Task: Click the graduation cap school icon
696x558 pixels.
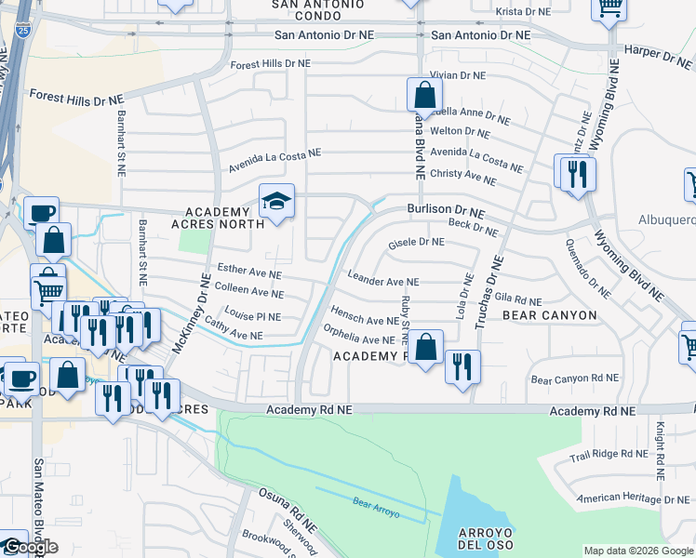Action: (x=276, y=202)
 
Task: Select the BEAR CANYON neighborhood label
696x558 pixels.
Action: (x=549, y=315)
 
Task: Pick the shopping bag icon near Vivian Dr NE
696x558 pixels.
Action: (x=424, y=95)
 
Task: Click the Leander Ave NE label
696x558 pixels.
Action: (x=382, y=280)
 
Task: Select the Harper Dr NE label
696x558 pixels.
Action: (x=659, y=56)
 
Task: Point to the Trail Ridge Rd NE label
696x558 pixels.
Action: (x=609, y=454)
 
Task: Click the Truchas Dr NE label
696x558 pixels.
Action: (x=487, y=294)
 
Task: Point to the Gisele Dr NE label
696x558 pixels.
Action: (x=416, y=242)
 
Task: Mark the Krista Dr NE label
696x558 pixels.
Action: (x=524, y=11)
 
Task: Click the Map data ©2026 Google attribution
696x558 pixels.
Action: (x=637, y=551)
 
